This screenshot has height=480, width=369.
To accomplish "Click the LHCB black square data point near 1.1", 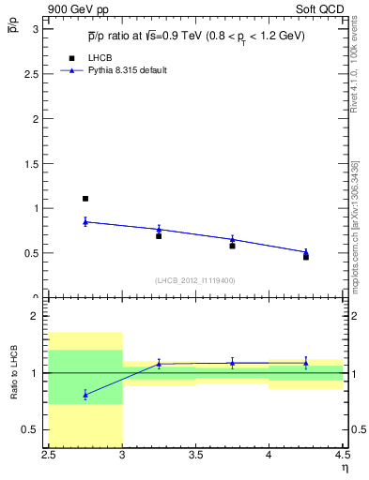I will (85, 199).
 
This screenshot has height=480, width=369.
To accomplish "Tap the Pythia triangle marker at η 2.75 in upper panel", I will (85, 221).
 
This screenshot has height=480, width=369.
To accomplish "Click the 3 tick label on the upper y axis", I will (38, 29).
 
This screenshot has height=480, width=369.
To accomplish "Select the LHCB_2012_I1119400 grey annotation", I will (195, 280).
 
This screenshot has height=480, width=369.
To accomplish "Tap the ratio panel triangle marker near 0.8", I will (85, 395).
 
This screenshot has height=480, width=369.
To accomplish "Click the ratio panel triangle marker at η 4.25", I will (305, 363).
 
